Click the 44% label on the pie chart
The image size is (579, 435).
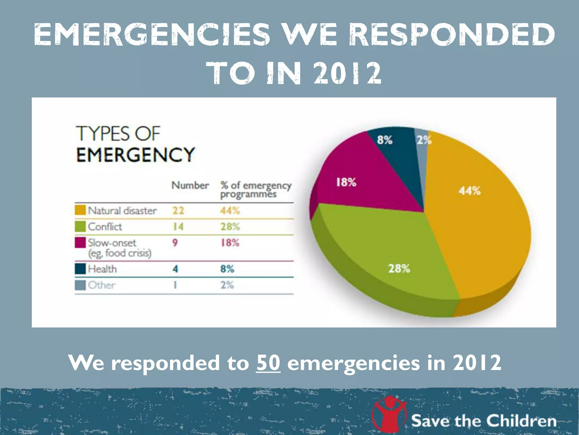[x=469, y=191]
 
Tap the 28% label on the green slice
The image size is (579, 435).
[x=399, y=268]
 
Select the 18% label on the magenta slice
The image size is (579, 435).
[x=346, y=182]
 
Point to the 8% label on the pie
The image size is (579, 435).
[x=384, y=140]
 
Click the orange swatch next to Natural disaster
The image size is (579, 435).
[x=80, y=210]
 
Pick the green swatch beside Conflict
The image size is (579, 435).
[x=80, y=226]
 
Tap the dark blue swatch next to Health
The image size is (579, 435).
[x=80, y=269]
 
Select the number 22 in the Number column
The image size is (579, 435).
[x=178, y=210]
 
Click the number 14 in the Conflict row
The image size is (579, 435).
[x=178, y=227]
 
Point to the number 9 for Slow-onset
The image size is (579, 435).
[x=175, y=243]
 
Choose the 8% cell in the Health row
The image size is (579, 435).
[x=227, y=269]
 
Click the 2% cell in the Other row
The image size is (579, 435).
[x=227, y=285]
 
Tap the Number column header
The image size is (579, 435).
[x=190, y=185]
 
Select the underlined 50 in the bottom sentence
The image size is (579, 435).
[x=268, y=363]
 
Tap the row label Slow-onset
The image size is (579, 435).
[x=112, y=243]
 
